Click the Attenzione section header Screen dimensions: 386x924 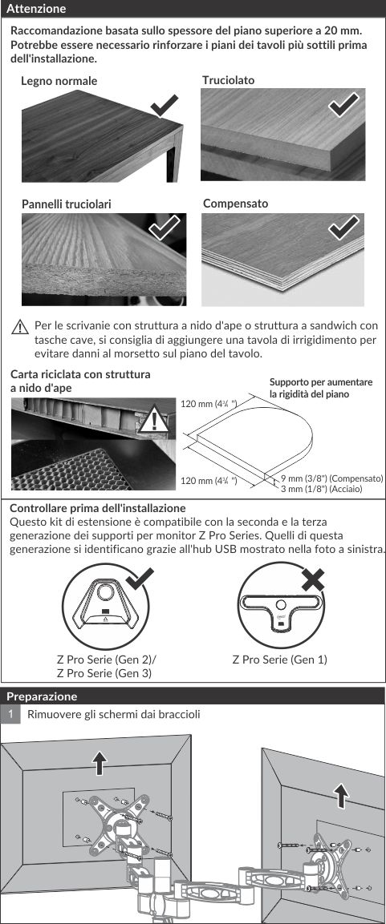pos(36,9)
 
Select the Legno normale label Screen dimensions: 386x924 pos(59,81)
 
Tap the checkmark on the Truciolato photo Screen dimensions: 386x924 pos(343,105)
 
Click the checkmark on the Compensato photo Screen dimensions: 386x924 pos(343,228)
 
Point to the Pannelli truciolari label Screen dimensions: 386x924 pos(67,204)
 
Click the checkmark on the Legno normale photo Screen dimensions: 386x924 pos(165,106)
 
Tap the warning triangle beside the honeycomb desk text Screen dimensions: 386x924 pos(20,326)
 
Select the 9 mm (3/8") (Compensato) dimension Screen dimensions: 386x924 pos(332,478)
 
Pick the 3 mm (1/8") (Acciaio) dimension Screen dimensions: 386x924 pos(321,489)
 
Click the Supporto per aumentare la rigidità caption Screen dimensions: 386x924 pos(321,388)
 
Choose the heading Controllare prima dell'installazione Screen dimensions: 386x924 pos(98,508)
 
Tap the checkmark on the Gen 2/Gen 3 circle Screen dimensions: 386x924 pos(140,579)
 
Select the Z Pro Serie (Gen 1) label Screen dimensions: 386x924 pos(280,660)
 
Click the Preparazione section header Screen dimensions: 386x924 pos(42,696)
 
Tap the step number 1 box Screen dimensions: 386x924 pos(10,715)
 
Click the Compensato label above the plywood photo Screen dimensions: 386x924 pos(235,204)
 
